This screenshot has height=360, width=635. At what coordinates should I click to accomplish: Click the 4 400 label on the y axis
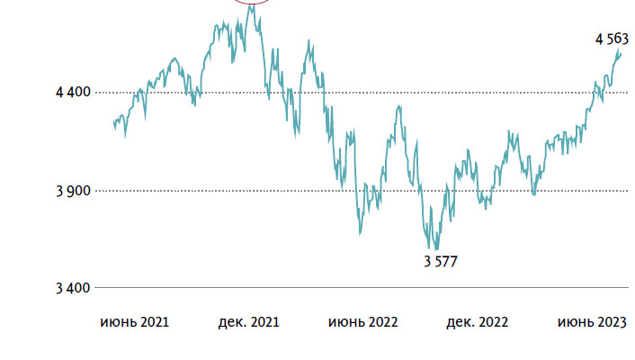[74, 93]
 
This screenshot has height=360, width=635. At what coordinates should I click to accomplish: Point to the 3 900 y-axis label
[74, 191]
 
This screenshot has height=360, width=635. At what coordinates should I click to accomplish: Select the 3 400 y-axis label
[74, 288]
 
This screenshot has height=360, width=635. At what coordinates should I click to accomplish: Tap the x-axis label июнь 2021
[135, 321]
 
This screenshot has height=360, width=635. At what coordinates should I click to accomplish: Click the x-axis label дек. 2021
[249, 321]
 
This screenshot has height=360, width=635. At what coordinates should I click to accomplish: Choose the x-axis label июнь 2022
[362, 321]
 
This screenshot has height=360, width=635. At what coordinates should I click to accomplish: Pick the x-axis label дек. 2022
[477, 321]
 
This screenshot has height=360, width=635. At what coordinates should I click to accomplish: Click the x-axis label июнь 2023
[591, 321]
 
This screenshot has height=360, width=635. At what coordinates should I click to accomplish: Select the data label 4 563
[612, 39]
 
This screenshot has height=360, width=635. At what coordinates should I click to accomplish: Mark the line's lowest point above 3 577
[437, 249]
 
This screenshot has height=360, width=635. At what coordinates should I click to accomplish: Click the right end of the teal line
[621, 54]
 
